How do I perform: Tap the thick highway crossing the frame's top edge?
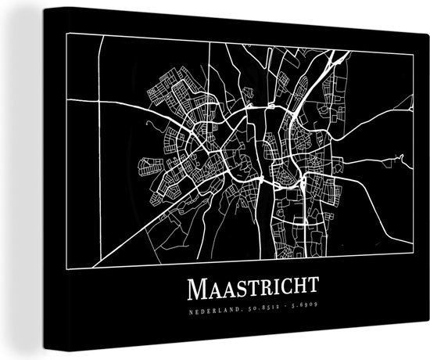click(x=338, y=59)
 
